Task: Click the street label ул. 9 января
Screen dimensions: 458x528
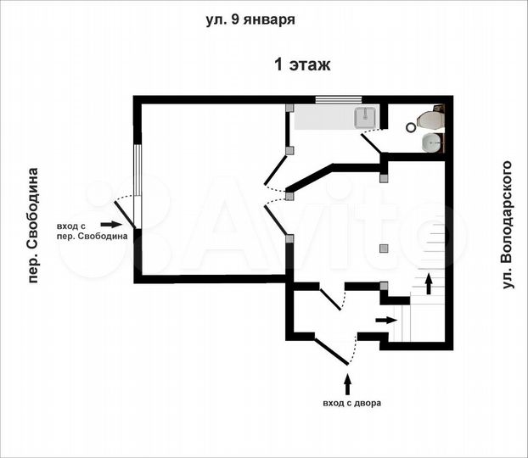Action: tap(250, 20)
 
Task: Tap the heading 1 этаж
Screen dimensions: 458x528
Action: tap(301, 64)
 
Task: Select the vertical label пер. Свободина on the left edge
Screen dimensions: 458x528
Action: tap(33, 225)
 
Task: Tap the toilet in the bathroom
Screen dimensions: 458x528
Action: tap(430, 121)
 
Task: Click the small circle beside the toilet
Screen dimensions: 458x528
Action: tap(412, 127)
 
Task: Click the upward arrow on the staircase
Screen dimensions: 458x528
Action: tap(428, 283)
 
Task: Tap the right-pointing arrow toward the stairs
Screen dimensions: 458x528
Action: tap(385, 320)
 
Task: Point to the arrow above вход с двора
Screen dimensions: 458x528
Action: tap(345, 378)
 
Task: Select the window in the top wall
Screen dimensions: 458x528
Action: tap(339, 100)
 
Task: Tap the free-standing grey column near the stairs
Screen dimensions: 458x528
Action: tap(384, 248)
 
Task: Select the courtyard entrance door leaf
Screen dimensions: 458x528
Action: tap(332, 350)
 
